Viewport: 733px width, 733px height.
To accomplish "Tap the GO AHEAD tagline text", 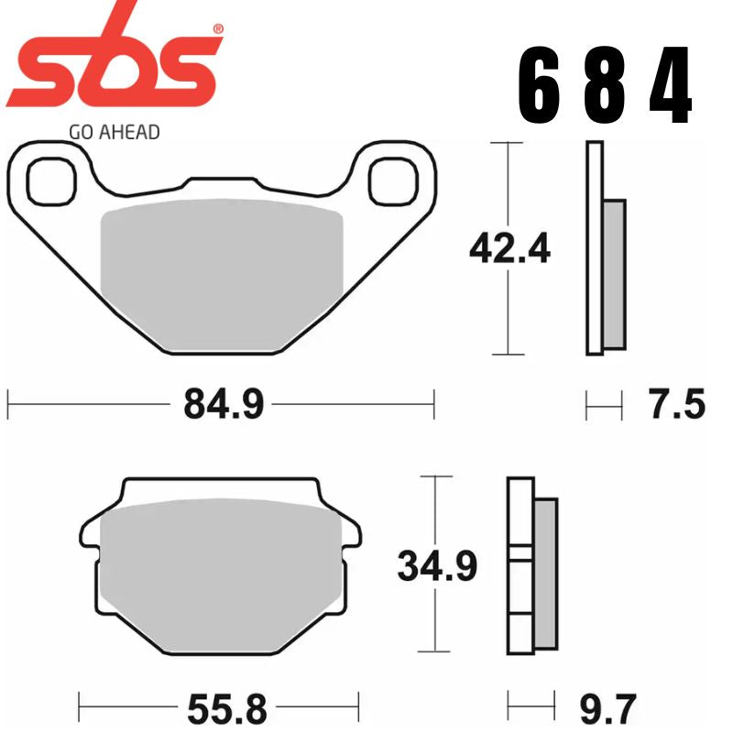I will tap(114, 132).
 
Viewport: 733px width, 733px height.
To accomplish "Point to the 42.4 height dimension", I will tap(509, 248).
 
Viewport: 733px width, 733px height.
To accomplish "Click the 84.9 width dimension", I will tap(223, 403).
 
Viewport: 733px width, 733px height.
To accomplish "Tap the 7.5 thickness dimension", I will tap(677, 404).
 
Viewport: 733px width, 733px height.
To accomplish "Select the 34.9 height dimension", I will tap(437, 566).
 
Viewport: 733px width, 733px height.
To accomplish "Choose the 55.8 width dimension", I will tap(223, 709).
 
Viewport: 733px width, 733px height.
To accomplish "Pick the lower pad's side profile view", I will tap(531, 566).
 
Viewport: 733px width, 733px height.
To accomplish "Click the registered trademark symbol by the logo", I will tap(217, 29).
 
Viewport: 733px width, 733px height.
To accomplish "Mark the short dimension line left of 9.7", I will tap(531, 709).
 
